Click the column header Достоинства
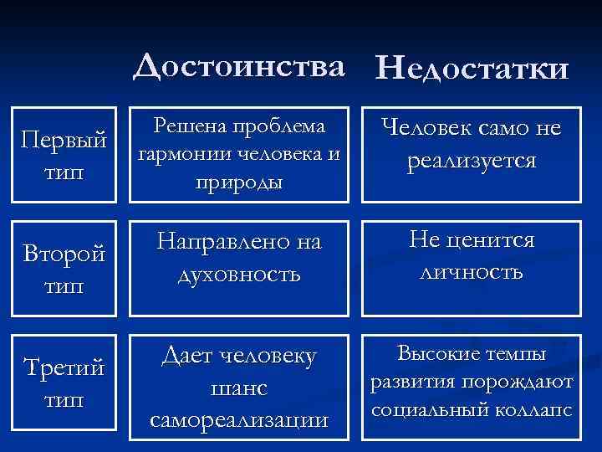point(240,65)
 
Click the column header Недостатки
point(474,67)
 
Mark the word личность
point(472,273)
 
